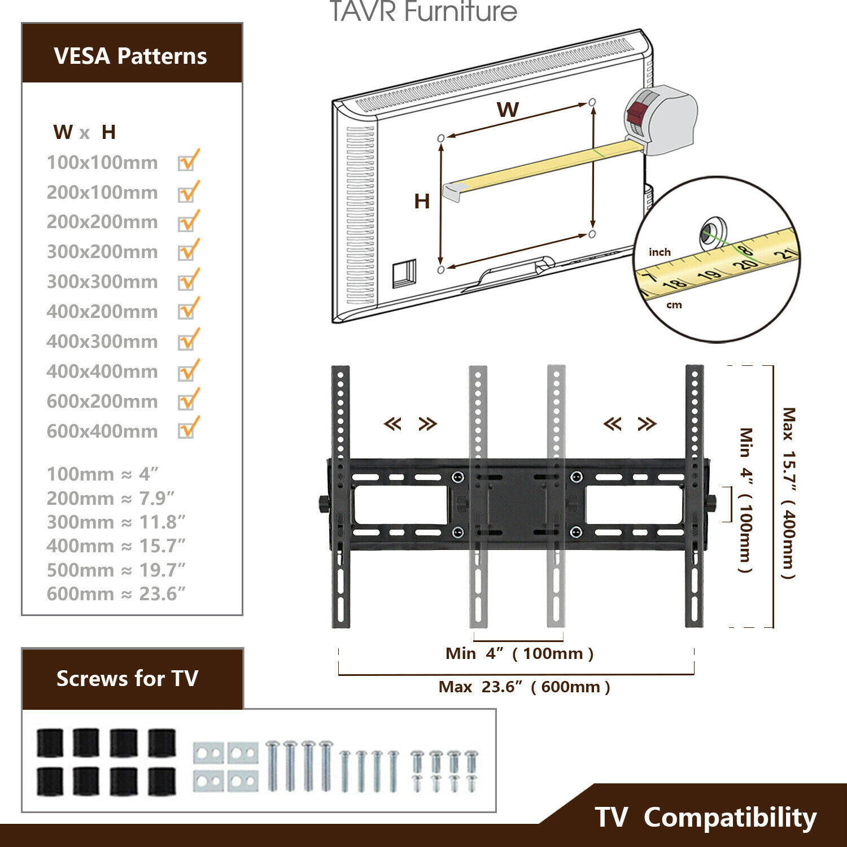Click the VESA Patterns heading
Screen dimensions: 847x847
130,56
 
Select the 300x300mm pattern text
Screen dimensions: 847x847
102,281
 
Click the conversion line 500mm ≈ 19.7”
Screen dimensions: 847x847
116,570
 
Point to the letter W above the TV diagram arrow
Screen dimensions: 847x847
508,109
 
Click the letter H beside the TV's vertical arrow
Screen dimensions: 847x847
422,201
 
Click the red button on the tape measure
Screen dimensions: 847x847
639,111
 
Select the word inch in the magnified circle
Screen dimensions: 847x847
660,252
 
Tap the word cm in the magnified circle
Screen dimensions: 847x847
674,305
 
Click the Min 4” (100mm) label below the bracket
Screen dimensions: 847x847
519,653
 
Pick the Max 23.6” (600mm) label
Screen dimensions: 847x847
524,687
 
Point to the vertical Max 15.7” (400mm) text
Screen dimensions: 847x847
788,493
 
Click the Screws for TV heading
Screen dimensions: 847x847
127,678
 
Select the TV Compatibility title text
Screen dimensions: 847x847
705,817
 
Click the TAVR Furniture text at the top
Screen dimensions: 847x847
423,11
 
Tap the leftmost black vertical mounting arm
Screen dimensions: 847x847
340,497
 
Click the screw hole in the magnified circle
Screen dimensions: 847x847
713,232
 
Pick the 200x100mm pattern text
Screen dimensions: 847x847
102,192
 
